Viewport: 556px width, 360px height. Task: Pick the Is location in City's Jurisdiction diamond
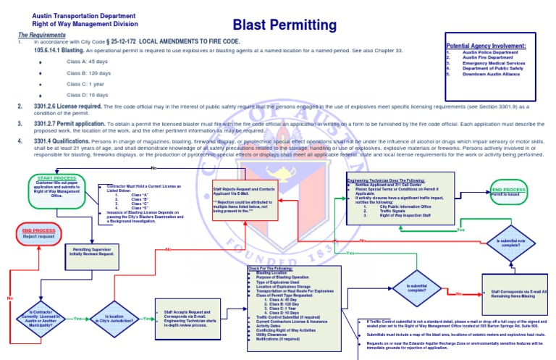tap(114, 317)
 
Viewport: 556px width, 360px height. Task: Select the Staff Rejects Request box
tap(246, 191)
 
